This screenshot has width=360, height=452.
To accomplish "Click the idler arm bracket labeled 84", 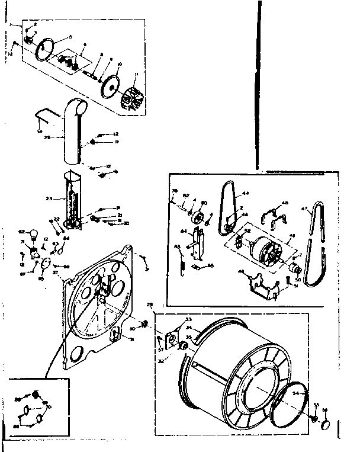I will click(x=198, y=242).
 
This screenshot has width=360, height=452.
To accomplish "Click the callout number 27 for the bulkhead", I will click(x=55, y=272).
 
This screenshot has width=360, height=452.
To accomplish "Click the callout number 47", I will click(x=306, y=209).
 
